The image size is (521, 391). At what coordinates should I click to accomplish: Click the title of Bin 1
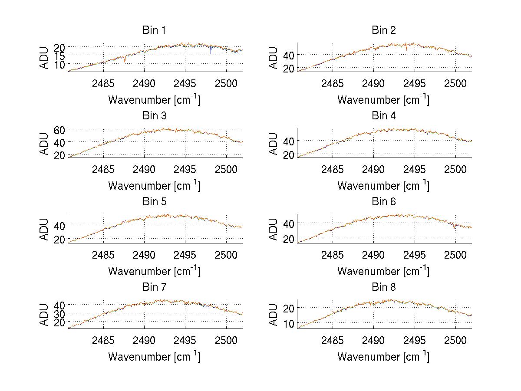click(154, 30)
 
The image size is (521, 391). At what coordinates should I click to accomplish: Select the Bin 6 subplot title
click(384, 202)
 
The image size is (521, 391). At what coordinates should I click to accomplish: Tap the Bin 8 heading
click(384, 287)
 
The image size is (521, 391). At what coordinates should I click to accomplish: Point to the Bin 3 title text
click(154, 116)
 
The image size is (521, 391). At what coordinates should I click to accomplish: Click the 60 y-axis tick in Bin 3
click(59, 129)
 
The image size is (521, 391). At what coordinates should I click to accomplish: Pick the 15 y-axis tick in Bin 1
click(59, 55)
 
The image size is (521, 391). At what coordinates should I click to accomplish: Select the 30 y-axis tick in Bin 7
click(59, 313)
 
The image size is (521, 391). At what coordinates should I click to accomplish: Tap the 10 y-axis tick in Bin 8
click(289, 323)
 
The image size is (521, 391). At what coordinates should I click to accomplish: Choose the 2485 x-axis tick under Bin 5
click(103, 255)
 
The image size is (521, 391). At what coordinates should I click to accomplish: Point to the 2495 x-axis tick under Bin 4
click(414, 169)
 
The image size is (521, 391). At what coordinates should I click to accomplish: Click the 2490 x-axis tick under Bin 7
click(144, 340)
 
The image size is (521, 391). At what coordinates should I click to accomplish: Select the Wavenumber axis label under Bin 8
click(383, 357)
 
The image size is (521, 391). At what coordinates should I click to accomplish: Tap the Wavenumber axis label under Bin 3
click(154, 185)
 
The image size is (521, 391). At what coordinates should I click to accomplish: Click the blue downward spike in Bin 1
click(211, 51)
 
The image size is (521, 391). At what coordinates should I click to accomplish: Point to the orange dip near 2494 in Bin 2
click(407, 48)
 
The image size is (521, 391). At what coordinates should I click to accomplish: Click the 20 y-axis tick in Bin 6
click(289, 239)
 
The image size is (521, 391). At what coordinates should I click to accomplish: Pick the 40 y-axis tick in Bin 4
click(289, 141)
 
